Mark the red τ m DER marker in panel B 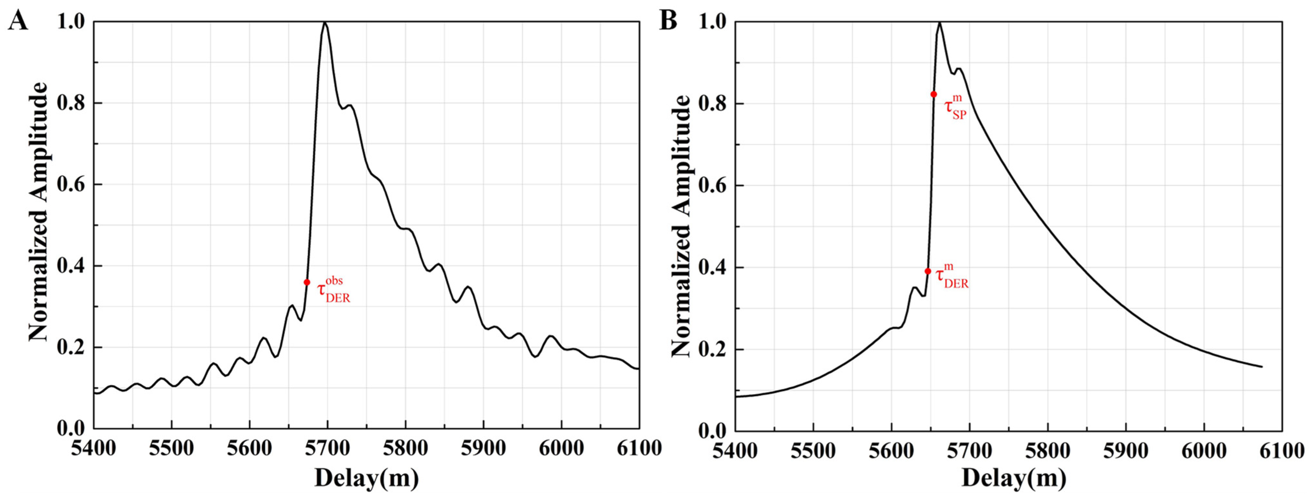point(928,271)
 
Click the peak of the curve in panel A point(325,23)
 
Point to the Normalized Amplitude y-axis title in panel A point(38,212)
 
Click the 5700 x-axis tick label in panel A point(327,448)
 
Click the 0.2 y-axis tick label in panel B point(713,350)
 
